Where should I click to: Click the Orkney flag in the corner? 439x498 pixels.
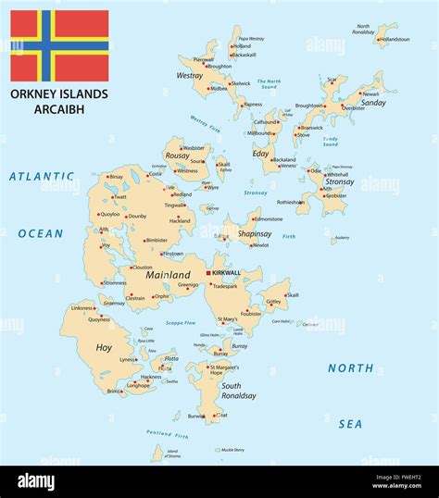coord(59,45)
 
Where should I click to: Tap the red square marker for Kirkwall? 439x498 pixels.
coord(208,273)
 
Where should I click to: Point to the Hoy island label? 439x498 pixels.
coord(104,347)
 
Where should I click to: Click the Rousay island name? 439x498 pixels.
coord(176,156)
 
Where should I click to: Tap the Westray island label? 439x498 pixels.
coord(190,76)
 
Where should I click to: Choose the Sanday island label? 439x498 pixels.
coord(373,103)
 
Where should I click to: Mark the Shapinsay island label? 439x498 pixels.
coord(255,234)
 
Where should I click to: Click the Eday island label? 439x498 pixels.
coord(260,153)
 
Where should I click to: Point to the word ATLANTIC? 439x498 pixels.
coord(41,176)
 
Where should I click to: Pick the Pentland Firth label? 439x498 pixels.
coord(167,433)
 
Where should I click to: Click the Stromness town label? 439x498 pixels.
coord(115,283)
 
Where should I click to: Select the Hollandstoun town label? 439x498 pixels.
coord(395,40)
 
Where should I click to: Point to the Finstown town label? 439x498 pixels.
coord(173,254)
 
